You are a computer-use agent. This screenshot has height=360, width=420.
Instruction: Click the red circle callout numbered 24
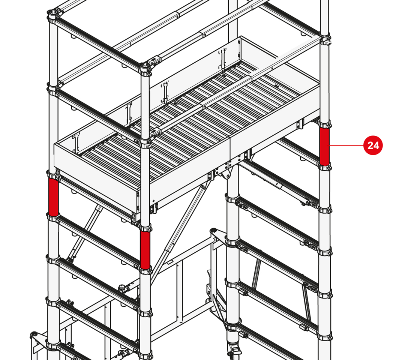pyautogui.click(x=373, y=145)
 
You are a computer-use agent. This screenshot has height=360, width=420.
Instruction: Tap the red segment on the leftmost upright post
pyautogui.click(x=53, y=197)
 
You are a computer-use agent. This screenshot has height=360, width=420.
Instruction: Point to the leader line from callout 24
pyautogui.click(x=346, y=145)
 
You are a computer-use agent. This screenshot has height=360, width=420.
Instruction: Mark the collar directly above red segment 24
pyautogui.click(x=324, y=124)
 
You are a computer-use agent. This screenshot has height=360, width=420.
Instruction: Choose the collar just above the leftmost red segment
pyautogui.click(x=53, y=176)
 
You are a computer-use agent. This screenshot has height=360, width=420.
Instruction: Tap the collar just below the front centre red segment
pyautogui.click(x=145, y=270)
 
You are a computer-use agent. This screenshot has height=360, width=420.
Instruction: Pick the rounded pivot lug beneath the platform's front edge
pyautogui.click(x=226, y=174)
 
